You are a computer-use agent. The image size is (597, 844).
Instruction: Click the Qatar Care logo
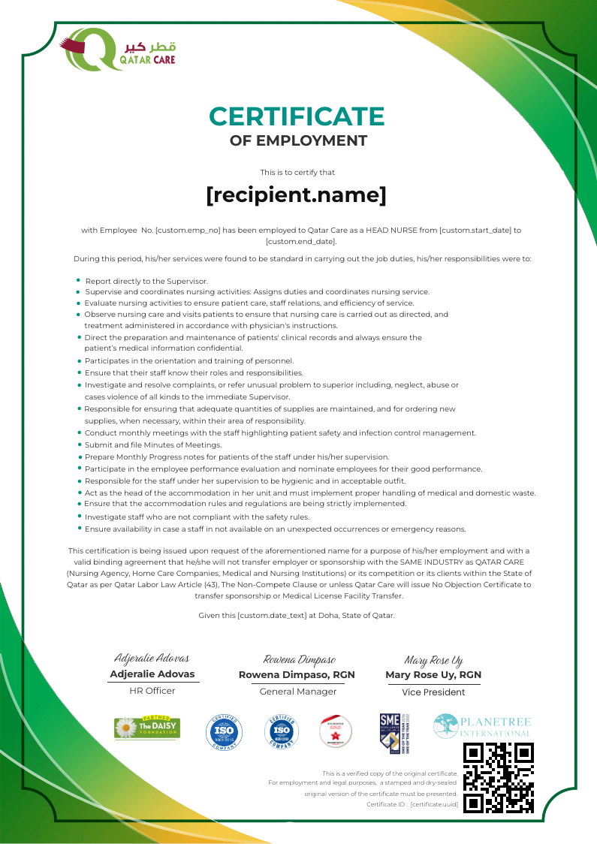pos(119,49)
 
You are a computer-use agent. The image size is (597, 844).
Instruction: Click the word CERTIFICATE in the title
pos(297,116)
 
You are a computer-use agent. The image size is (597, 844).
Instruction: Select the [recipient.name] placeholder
pos(297,195)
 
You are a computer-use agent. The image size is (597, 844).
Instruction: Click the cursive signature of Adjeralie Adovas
pos(152,659)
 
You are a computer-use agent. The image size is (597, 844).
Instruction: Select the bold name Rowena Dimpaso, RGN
pos(297,675)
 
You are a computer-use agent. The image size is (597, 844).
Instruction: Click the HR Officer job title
pos(152,691)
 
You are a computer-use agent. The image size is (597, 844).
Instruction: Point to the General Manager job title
pos(297,692)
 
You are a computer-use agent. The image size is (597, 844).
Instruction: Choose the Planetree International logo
pos(482,726)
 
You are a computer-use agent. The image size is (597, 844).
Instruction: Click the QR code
pos(499,777)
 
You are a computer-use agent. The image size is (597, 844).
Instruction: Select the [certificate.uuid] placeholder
pos(434,804)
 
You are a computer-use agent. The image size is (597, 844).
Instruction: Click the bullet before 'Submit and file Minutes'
pos(79,445)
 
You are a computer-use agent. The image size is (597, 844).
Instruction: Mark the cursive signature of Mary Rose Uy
pos(433,660)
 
